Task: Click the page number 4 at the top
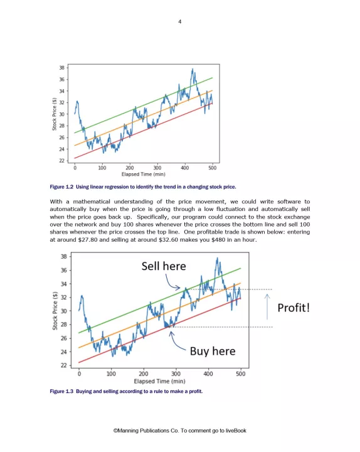coord(180,21)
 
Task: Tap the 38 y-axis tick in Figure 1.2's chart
coord(62,68)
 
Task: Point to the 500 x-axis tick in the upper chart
coord(212,168)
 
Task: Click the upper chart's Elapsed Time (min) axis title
coord(144,174)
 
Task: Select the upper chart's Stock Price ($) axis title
coord(54,114)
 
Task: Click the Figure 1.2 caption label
coord(61,187)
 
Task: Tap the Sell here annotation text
coord(164,266)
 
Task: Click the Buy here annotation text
coord(213,351)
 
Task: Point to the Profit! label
coord(294,308)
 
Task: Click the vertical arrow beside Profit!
coord(267,307)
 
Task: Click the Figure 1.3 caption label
coord(61,391)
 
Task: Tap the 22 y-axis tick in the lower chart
coord(63,365)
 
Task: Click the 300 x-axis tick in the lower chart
coord(176,374)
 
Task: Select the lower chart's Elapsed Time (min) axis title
coord(159,381)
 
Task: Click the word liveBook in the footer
coord(236,431)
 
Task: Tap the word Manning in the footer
coord(127,431)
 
